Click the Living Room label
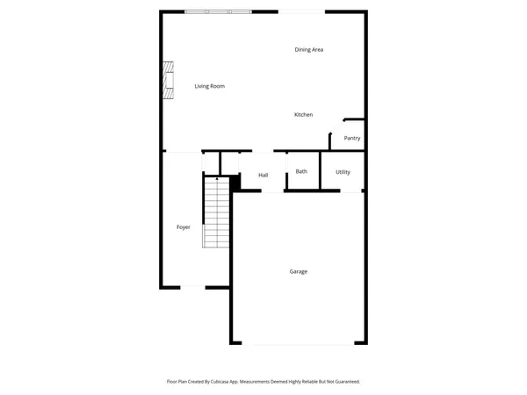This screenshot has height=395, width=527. pyautogui.click(x=210, y=86)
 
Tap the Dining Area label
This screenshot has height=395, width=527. pyautogui.click(x=309, y=49)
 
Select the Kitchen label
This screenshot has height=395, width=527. pyautogui.click(x=304, y=115)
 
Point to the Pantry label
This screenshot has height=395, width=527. pyautogui.click(x=352, y=138)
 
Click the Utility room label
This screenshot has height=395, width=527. pyautogui.click(x=343, y=172)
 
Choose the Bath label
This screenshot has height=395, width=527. pyautogui.click(x=301, y=171)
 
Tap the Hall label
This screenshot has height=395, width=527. pyautogui.click(x=263, y=176)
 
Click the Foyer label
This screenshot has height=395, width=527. pyautogui.click(x=184, y=227)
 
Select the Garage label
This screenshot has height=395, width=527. pyautogui.click(x=299, y=271)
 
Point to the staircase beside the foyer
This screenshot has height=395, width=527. pyautogui.click(x=216, y=213)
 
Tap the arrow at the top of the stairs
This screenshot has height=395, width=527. pyautogui.click(x=216, y=179)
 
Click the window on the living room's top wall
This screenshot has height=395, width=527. pyautogui.click(x=218, y=11)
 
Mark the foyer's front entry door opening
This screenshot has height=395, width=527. pyautogui.click(x=192, y=286)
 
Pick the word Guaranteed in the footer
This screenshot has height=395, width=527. pyautogui.click(x=343, y=382)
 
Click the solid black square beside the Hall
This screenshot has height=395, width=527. pyautogui.click(x=235, y=183)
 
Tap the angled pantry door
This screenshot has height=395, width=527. pyautogui.click(x=336, y=126)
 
